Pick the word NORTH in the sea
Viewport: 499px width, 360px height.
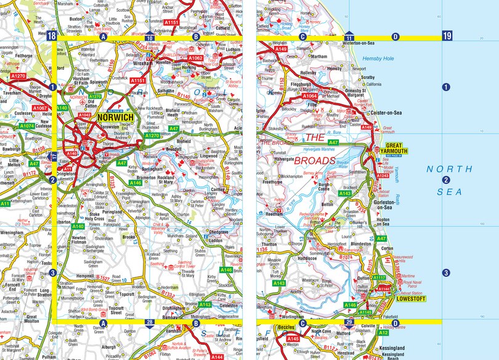tap(452, 169)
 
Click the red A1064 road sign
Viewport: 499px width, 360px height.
tap(309, 96)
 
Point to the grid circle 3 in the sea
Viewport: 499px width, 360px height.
tap(446, 273)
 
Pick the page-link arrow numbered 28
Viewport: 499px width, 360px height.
tap(150, 322)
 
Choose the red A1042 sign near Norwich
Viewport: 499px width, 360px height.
tap(84, 115)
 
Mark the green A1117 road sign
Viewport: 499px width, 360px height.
tap(379, 278)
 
